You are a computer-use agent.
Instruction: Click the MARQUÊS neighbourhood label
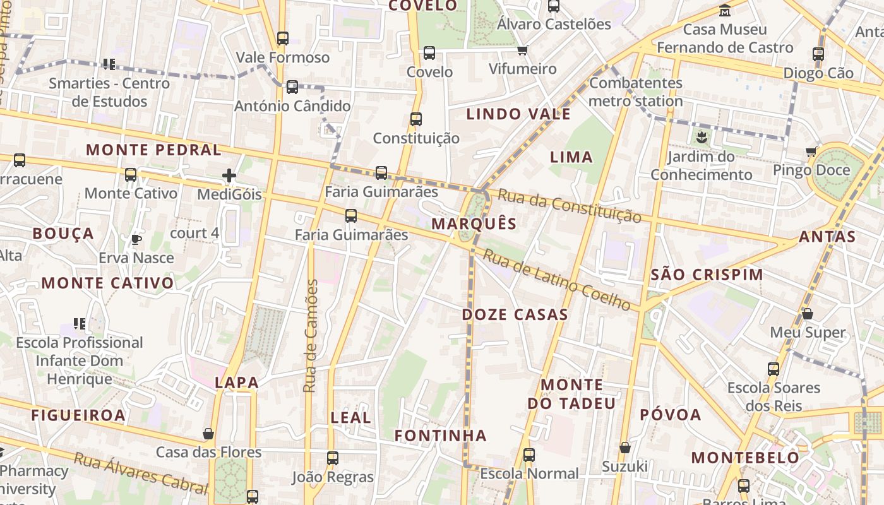point(474,223)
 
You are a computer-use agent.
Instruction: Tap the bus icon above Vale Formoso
point(283,39)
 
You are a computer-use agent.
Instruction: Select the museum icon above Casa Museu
point(726,10)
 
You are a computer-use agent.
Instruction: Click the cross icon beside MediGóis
point(229,175)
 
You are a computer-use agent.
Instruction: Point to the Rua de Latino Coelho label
point(556,280)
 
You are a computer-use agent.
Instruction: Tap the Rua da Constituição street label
point(569,205)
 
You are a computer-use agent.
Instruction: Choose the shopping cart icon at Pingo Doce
point(811,151)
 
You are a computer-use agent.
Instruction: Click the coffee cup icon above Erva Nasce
point(136,239)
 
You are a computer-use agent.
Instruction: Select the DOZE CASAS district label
point(515,314)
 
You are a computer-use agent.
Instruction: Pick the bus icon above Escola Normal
point(529,454)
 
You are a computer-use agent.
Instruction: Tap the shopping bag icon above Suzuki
point(625,448)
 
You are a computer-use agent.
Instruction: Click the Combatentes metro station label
point(636,92)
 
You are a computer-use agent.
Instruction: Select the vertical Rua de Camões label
point(310,336)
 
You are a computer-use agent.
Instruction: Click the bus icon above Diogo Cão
point(818,54)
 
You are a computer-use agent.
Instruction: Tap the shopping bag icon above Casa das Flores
point(208,434)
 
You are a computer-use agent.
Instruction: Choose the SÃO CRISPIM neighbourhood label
point(707,275)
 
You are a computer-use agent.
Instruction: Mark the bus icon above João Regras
point(333,458)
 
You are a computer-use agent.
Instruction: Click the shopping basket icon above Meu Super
point(807,314)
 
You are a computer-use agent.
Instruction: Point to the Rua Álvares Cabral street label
point(140,472)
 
